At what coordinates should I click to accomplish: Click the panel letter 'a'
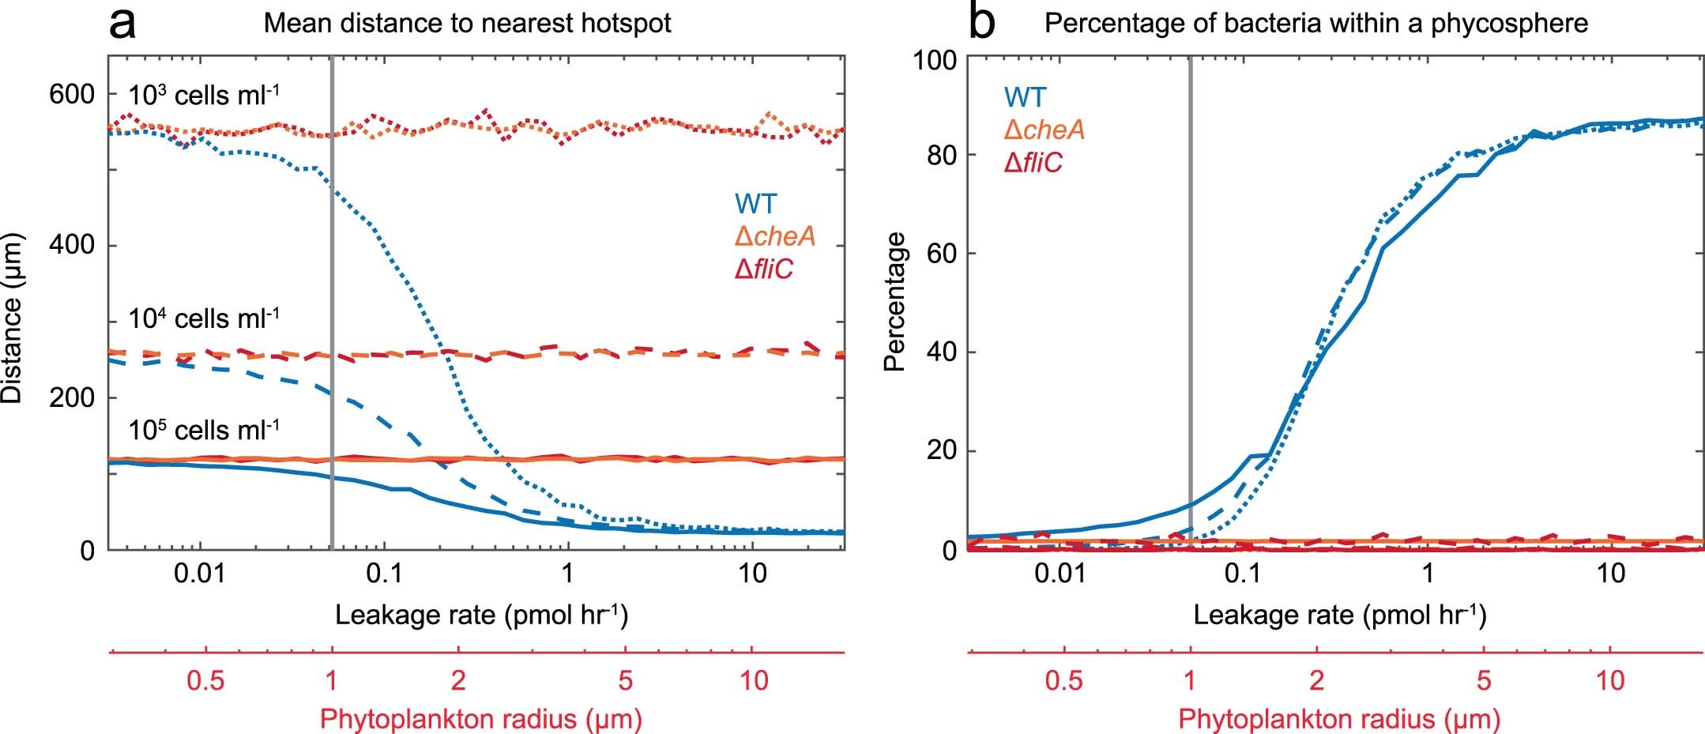coord(123,24)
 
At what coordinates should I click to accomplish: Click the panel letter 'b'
coord(981,24)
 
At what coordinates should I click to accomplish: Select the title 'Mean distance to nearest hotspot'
coord(467,24)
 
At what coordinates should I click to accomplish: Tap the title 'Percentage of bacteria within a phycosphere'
coord(1315,24)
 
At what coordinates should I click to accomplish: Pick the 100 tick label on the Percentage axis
coord(935,60)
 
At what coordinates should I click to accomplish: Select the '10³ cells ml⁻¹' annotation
coord(204,96)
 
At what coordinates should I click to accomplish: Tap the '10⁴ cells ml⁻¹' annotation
coord(204,318)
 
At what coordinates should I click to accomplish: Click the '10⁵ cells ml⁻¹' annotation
coord(204,430)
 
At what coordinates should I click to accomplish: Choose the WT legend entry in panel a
coord(756,204)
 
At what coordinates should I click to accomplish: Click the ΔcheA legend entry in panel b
coord(1044,130)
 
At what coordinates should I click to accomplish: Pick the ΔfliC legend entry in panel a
coord(763,269)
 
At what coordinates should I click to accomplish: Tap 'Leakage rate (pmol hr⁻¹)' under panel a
coord(481,615)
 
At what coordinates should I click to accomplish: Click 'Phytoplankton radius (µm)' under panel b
coord(1339,719)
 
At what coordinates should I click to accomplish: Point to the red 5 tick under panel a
coord(626,680)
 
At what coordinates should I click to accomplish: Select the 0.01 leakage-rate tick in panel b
coord(1060,573)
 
